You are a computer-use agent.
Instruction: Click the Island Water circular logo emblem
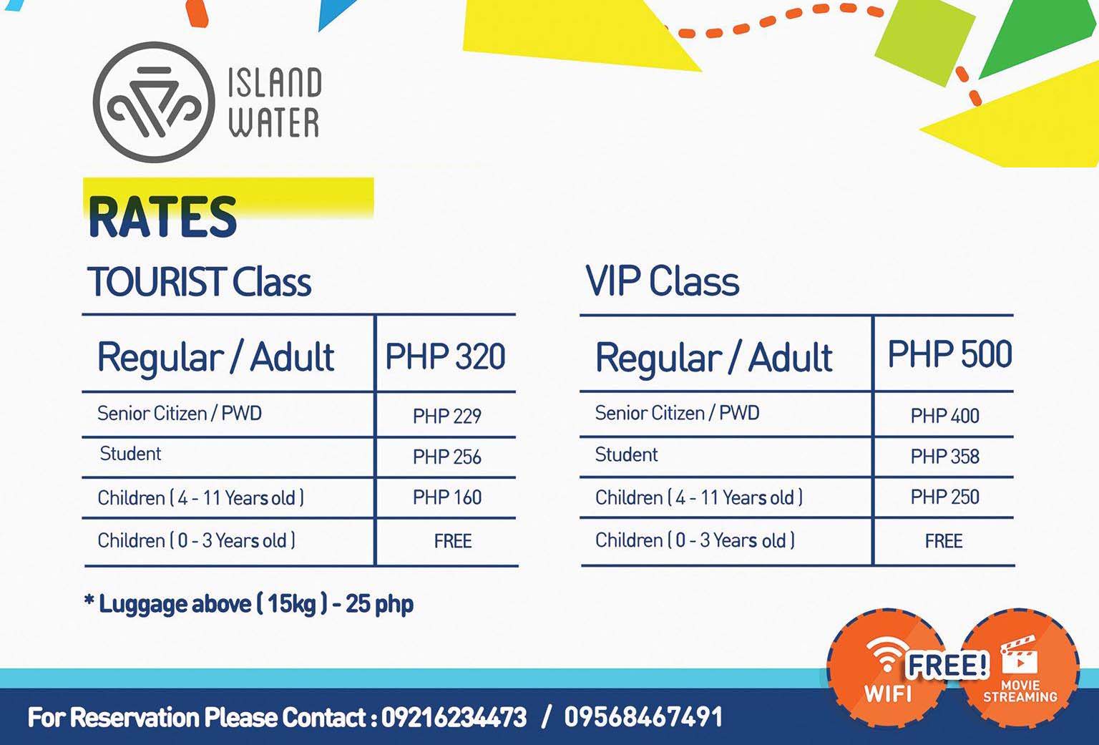(154, 102)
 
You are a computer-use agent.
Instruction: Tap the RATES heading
(162, 216)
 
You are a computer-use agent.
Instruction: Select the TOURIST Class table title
(199, 282)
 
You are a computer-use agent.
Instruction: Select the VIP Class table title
(663, 281)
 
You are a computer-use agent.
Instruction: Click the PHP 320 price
(446, 356)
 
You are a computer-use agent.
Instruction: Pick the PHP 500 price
(950, 354)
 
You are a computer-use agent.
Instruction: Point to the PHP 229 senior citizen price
(447, 417)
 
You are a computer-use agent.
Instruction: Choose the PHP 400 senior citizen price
(945, 417)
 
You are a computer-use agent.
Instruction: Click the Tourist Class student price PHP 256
(447, 457)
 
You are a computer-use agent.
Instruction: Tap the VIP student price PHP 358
(945, 457)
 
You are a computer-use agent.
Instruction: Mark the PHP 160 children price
(447, 497)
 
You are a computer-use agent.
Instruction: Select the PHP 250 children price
(945, 497)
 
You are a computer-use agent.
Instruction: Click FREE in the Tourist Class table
(453, 541)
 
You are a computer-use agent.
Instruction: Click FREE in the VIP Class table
(944, 541)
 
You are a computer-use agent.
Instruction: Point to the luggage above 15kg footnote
(249, 604)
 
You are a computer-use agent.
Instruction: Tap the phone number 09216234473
(454, 717)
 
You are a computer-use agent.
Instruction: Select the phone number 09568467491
(643, 716)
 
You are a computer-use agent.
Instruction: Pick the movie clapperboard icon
(1020, 655)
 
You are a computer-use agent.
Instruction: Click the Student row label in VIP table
(627, 455)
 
